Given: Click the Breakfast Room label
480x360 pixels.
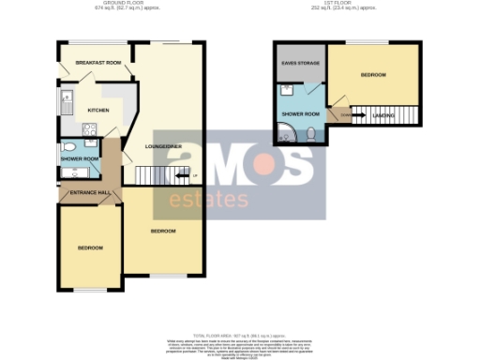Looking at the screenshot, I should (x=100, y=63).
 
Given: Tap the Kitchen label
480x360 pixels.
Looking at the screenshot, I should (x=97, y=111).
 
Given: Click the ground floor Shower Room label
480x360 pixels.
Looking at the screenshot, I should (x=79, y=158).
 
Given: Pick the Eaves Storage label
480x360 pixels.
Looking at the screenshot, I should (x=297, y=63).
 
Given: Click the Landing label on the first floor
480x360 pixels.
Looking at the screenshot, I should (x=382, y=115).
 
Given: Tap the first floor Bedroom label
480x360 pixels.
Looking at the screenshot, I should (x=373, y=75).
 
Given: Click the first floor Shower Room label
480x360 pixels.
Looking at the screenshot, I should (x=301, y=114).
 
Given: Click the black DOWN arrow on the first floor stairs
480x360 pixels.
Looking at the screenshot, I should (x=349, y=115).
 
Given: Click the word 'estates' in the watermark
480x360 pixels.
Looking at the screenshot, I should (x=208, y=199).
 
